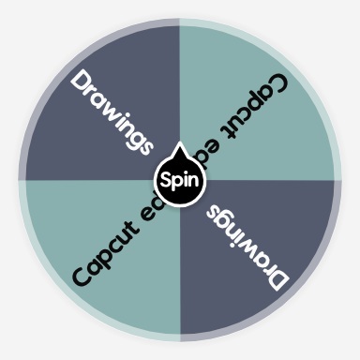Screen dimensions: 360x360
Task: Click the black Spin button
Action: (179, 179)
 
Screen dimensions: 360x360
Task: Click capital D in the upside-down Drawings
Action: (277, 278)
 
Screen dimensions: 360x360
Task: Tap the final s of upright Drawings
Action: (142, 142)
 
